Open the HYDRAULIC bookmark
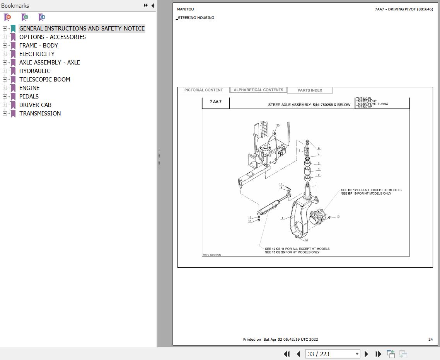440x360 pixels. [34, 71]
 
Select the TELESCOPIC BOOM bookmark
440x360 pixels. [44, 80]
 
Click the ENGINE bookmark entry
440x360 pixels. [29, 88]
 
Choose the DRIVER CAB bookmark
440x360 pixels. [35, 105]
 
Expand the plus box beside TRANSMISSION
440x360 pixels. [5, 114]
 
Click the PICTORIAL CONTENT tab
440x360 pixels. [203, 90]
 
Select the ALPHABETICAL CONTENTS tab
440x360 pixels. [258, 90]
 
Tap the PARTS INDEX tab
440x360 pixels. [310, 90]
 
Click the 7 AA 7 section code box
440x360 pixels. [216, 102]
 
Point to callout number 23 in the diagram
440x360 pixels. [278, 126]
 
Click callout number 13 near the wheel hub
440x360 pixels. [338, 217]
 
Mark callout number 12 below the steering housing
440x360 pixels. [306, 240]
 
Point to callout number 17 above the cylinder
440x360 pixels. [281, 184]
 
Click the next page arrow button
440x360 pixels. [366, 354]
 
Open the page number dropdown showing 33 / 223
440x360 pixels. [356, 354]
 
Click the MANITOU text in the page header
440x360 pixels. [186, 9]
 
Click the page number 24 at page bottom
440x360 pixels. [430, 340]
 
